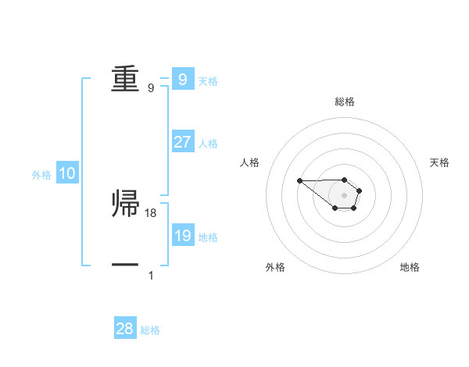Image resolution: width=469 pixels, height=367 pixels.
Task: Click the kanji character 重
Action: [126, 79]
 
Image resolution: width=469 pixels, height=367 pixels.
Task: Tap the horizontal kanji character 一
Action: [126, 265]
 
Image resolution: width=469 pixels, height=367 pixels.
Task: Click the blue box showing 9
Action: [182, 79]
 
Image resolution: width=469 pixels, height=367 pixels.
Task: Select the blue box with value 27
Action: [182, 142]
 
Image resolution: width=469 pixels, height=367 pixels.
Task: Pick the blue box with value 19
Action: [182, 235]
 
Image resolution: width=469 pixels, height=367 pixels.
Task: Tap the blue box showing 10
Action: [67, 174]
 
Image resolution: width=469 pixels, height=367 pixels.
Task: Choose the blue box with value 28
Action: [125, 329]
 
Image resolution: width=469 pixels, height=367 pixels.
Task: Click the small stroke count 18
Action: [151, 212]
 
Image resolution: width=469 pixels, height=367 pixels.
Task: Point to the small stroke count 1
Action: [151, 276]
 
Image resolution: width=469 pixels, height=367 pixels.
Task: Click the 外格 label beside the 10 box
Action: [41, 175]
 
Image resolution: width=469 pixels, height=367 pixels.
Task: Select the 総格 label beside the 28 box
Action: [150, 330]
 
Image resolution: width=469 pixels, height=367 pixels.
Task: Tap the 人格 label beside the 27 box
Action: [208, 143]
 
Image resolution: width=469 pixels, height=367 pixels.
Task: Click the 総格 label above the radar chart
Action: [344, 102]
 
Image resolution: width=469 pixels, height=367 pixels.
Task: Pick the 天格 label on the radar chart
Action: [439, 162]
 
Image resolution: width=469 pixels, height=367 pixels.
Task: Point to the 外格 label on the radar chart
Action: [275, 267]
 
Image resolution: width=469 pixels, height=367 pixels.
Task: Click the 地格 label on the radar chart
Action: [410, 267]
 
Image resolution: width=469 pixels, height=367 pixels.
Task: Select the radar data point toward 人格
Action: [299, 181]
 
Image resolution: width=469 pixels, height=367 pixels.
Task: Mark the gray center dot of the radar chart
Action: [344, 195]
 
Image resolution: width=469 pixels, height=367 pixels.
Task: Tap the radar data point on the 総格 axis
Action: [344, 180]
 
